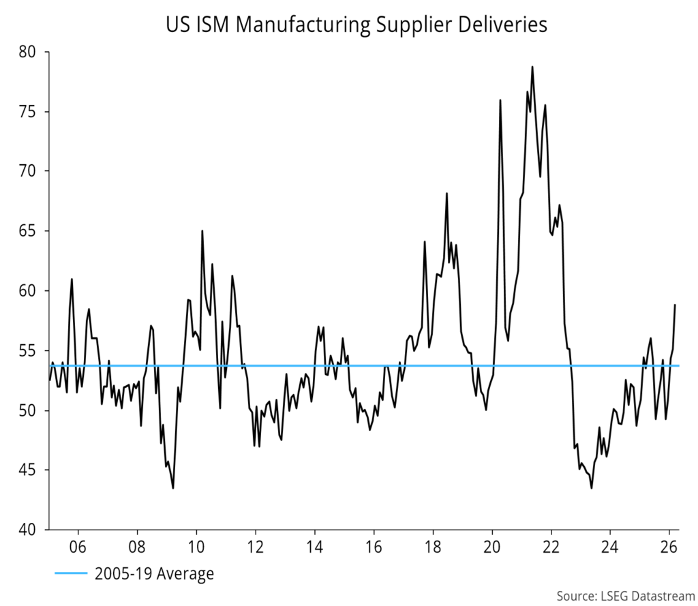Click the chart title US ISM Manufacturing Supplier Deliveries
[356, 25]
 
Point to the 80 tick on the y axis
[30, 52]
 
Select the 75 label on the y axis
[30, 112]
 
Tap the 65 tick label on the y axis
[30, 231]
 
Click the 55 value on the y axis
[30, 351]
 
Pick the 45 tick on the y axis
[30, 470]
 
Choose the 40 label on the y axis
[30, 530]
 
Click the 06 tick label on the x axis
[78, 547]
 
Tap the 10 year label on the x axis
[196, 547]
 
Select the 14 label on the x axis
[314, 547]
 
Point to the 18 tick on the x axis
[433, 547]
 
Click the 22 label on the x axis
[551, 547]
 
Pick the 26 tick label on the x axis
[669, 547]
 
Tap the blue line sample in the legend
[71, 574]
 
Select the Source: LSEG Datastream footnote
[623, 596]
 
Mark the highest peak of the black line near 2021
[532, 67]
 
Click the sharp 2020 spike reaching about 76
[500, 100]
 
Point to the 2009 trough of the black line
[172, 487]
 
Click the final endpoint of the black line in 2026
[675, 305]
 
